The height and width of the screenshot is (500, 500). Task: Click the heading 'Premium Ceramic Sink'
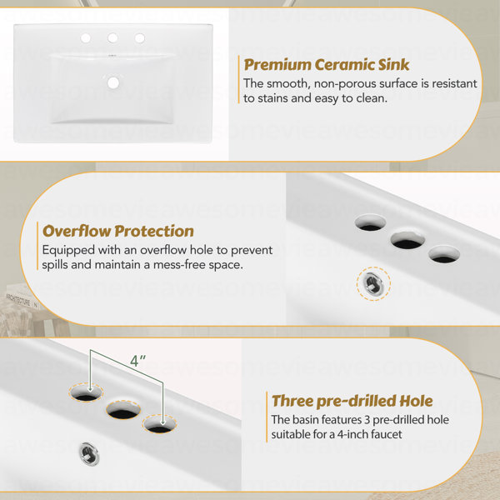point(326,65)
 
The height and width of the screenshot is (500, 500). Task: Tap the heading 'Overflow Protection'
point(118,231)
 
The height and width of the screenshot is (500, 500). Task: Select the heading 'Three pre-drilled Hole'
point(352,401)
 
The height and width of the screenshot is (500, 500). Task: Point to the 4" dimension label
point(137,361)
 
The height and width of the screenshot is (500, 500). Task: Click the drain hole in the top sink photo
point(113,82)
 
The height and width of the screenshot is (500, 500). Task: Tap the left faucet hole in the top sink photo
point(86,38)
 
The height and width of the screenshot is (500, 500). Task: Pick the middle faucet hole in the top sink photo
point(112,38)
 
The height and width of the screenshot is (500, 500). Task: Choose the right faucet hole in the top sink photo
point(140,38)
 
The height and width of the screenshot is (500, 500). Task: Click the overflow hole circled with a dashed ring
point(373,283)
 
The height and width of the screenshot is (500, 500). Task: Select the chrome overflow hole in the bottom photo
point(88,453)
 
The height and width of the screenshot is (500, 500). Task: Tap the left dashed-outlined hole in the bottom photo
point(86,392)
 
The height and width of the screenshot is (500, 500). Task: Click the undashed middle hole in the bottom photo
point(123,410)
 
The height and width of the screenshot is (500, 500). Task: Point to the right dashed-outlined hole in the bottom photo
point(159,424)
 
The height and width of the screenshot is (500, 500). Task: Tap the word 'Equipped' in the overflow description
point(68,250)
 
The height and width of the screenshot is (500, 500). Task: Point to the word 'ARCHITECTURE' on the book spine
point(18,300)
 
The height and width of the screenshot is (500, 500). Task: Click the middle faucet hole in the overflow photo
point(407,240)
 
